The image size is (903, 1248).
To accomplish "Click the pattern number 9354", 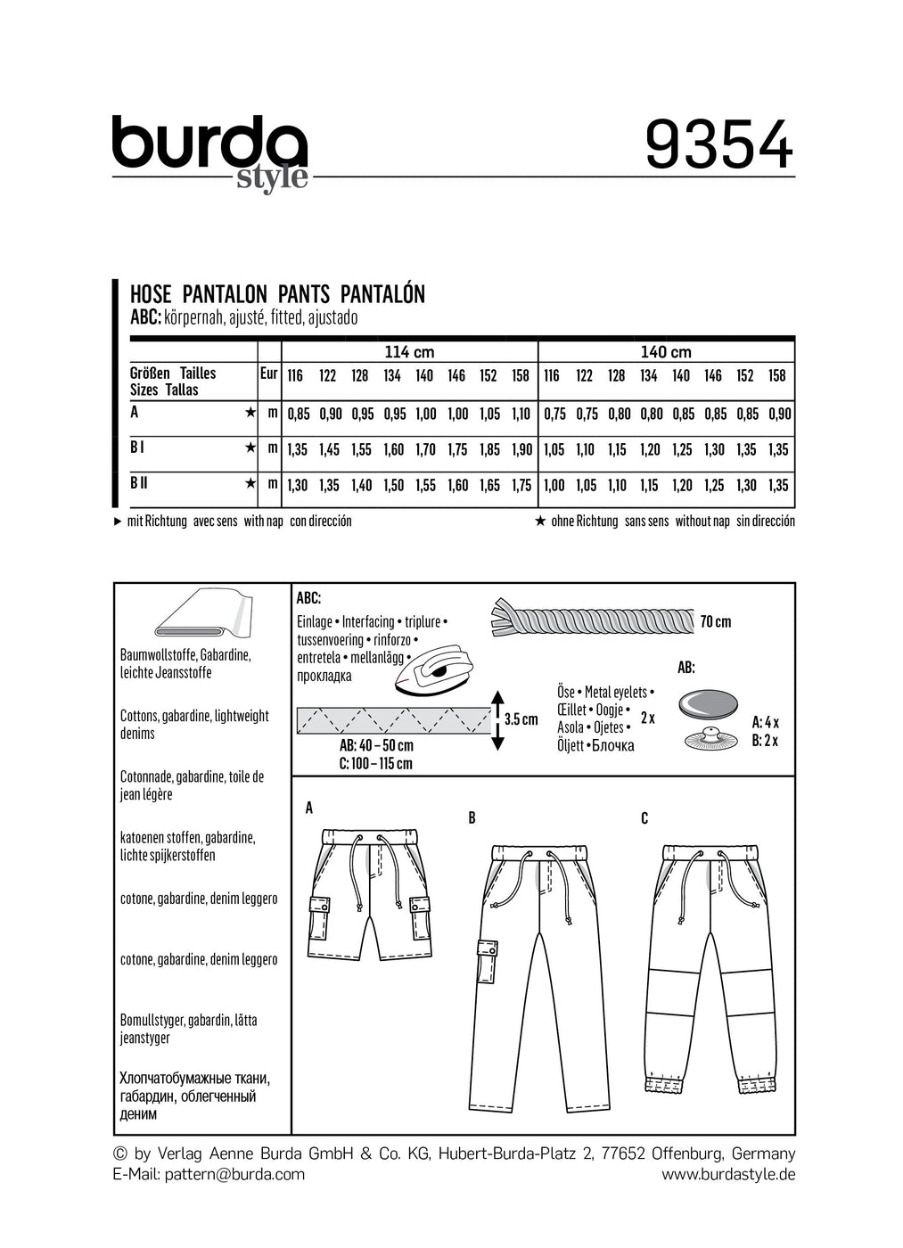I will point(718,144).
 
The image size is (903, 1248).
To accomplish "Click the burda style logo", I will point(209,152).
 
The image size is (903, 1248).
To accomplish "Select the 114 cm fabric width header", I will point(409,352).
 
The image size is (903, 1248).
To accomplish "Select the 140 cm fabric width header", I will point(666,352).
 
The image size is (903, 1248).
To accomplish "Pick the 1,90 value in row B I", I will point(521,450).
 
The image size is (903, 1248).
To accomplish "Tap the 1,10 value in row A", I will point(521,415).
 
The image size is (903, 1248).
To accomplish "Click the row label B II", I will point(139,483).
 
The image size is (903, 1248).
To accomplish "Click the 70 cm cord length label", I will point(715,621).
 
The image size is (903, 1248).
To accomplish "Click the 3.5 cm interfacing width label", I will point(521,719).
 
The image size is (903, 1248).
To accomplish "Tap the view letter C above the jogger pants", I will point(644,818).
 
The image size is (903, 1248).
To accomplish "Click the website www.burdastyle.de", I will point(727,1174).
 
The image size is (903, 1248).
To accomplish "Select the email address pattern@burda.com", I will point(234,1174).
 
